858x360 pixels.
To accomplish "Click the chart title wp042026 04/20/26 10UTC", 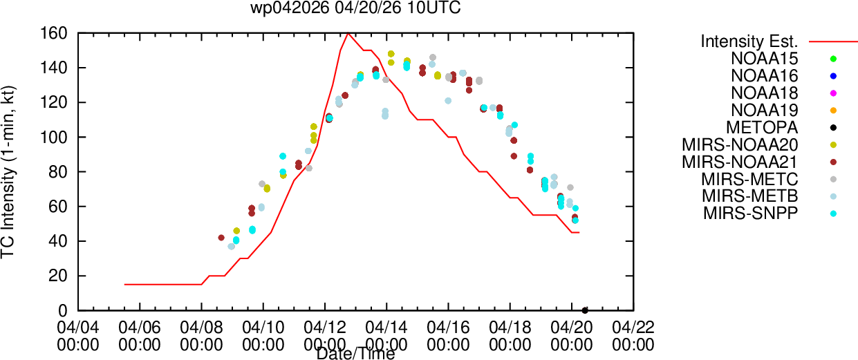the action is pyautogui.click(x=355, y=8).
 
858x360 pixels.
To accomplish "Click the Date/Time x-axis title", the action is pyautogui.click(x=355, y=354).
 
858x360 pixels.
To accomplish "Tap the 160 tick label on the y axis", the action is pyautogui.click(x=54, y=33).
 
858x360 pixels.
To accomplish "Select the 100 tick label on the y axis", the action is pyautogui.click(x=54, y=137).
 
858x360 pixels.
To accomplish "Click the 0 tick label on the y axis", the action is pyautogui.click(x=63, y=311).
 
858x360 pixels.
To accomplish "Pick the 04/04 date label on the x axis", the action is pyautogui.click(x=78, y=328).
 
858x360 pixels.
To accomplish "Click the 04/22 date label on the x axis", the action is pyautogui.click(x=633, y=328).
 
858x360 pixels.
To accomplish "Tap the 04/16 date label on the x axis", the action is pyautogui.click(x=448, y=328).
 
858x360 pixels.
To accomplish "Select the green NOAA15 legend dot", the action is pyautogui.click(x=833, y=59).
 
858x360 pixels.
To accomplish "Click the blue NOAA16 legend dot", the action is pyautogui.click(x=833, y=76).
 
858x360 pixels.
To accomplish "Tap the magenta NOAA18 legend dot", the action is pyautogui.click(x=833, y=93).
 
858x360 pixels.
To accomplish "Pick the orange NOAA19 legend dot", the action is pyautogui.click(x=833, y=111).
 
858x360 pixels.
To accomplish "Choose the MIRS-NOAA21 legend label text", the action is pyautogui.click(x=740, y=162).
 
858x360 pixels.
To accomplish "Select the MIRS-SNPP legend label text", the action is pyautogui.click(x=751, y=213).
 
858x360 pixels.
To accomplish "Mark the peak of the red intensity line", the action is pyautogui.click(x=348, y=33).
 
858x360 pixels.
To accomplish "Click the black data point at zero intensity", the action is pyautogui.click(x=585, y=310).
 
